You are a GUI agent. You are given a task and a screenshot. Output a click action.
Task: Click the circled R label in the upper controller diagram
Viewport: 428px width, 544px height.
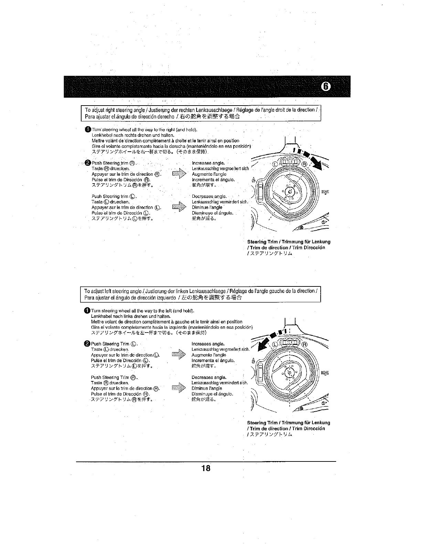click(304, 164)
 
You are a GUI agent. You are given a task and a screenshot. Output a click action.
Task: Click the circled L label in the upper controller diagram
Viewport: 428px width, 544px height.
click(275, 164)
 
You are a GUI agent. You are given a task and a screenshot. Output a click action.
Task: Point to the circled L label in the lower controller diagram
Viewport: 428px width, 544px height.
click(275, 345)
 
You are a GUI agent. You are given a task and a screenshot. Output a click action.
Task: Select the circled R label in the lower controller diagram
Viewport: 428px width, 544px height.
click(305, 345)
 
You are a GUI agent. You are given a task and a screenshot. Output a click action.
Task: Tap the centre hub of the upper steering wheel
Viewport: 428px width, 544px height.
click(290, 192)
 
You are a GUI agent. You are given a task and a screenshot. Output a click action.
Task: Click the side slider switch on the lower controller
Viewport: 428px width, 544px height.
click(260, 371)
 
